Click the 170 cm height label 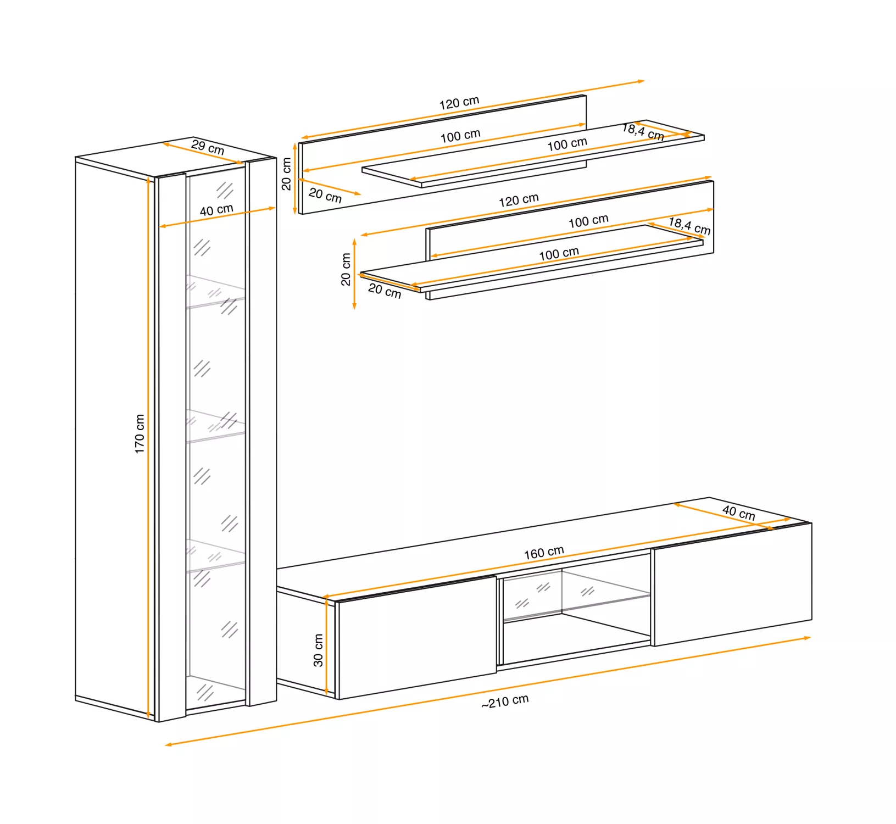[x=140, y=434]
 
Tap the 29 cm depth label [x=208, y=147]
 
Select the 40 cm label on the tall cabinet [x=216, y=210]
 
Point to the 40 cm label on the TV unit [x=739, y=513]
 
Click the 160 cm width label [x=544, y=553]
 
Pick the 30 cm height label [x=318, y=650]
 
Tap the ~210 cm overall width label [x=505, y=701]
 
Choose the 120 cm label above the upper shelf [x=459, y=103]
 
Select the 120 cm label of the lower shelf [x=519, y=200]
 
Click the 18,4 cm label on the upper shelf [x=643, y=132]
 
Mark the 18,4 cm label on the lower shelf [x=689, y=226]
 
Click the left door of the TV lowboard [x=417, y=637]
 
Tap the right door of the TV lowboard [x=732, y=584]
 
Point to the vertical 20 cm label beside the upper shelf [x=286, y=174]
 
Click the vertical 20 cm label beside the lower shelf [x=346, y=269]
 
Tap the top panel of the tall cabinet [x=176, y=157]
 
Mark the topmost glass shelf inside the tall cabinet [x=216, y=291]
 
